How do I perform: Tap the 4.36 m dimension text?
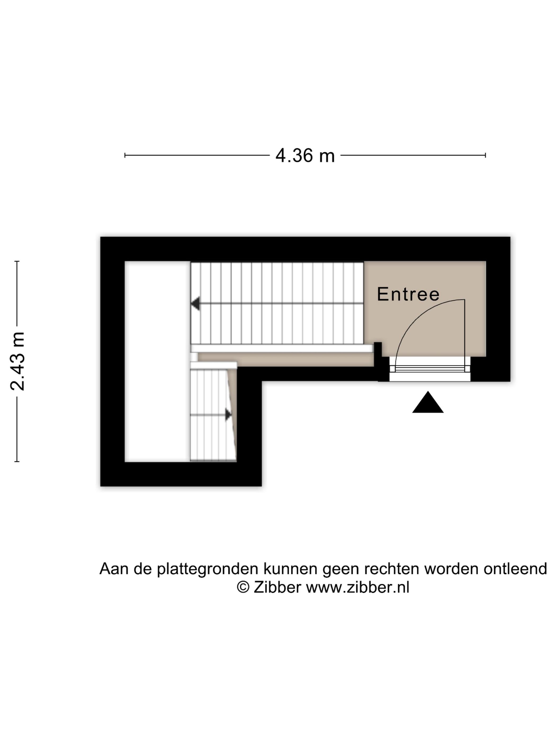point(305,156)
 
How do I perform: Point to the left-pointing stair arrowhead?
point(195,304)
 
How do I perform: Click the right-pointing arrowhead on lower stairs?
point(228,415)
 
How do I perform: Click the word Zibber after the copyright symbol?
point(277,587)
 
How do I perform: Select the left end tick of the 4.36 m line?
point(125,155)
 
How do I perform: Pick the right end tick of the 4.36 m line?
point(485,155)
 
